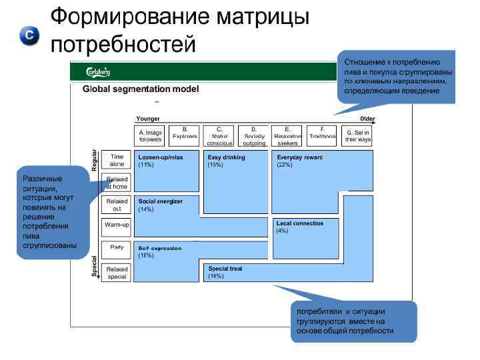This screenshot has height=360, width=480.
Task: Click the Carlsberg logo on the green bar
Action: [x=98, y=71]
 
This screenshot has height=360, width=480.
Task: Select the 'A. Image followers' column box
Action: [x=150, y=135]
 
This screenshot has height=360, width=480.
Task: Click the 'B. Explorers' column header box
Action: [x=185, y=135]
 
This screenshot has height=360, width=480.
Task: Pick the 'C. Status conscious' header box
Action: [x=219, y=135]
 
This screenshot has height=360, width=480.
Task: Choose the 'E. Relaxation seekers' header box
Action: [x=287, y=135]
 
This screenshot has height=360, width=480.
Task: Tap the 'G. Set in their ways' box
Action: [x=358, y=135]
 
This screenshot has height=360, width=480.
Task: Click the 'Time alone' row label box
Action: [x=117, y=160]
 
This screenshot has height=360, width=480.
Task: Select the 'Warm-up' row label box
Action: [x=117, y=225]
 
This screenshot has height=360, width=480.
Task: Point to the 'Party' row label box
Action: [x=117, y=248]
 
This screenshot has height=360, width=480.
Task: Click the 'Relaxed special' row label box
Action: [x=117, y=273]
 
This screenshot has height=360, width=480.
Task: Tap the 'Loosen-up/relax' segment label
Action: [x=160, y=157]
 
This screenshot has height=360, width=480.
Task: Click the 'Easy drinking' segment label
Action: [x=226, y=157]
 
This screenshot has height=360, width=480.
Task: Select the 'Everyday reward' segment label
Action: [x=299, y=157]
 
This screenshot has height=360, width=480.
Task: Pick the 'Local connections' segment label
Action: [x=299, y=223]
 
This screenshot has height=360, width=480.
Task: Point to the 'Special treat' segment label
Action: [x=225, y=269]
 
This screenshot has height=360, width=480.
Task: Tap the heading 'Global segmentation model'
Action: [x=141, y=89]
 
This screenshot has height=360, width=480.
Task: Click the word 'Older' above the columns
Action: [x=367, y=119]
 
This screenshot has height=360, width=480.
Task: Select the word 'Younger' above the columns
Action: [x=147, y=119]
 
